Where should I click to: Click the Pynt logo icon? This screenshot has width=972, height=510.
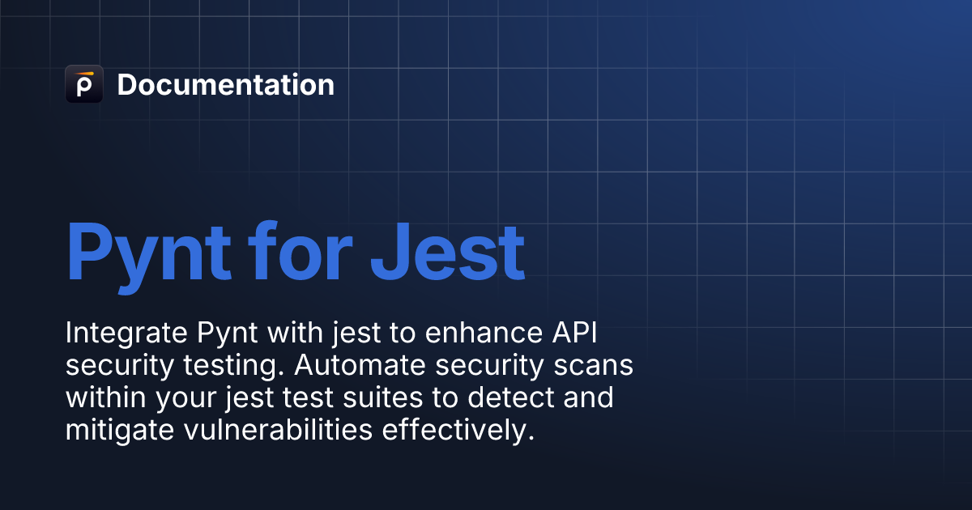(x=84, y=84)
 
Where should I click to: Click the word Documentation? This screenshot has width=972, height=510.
(x=226, y=84)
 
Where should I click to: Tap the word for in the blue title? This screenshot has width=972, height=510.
(x=301, y=252)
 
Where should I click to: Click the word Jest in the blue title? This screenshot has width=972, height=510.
(x=448, y=253)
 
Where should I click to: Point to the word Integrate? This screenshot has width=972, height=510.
(x=126, y=334)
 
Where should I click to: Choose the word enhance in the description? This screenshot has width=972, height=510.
(x=484, y=333)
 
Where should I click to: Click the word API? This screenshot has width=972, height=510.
(x=575, y=333)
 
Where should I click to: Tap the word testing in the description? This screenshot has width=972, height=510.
(x=233, y=365)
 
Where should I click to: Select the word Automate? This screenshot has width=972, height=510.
(x=360, y=365)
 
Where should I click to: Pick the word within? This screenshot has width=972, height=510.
(x=105, y=397)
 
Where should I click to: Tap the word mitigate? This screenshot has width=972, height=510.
(x=120, y=430)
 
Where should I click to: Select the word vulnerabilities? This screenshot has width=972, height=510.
(x=278, y=430)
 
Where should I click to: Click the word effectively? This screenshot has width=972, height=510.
(x=458, y=430)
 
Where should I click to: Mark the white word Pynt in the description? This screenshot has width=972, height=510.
(x=228, y=334)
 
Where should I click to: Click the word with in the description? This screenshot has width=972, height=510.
(x=295, y=333)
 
